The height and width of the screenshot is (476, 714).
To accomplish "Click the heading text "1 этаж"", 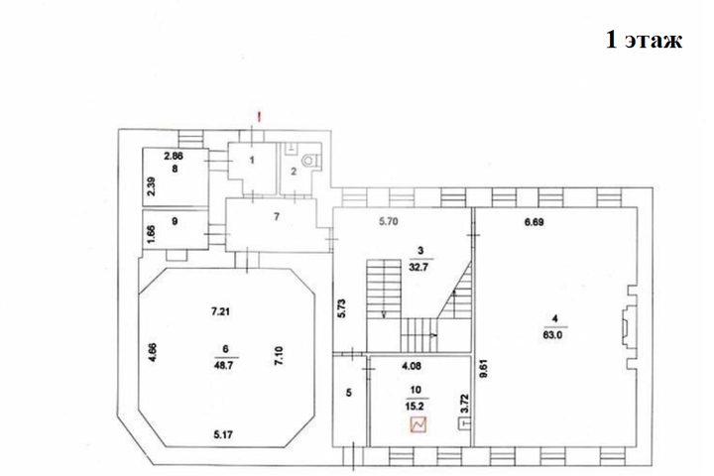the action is pos(644,40).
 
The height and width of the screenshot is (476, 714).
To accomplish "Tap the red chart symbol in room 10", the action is pos(418,424).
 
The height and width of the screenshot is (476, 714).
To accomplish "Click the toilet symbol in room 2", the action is pos(309,161).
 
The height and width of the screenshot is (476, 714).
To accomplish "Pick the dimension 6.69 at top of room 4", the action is pos(535,222).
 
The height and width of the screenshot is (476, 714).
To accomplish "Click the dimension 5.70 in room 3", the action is pos(389,222).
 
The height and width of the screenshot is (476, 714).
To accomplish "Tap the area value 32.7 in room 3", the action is pos(420,267).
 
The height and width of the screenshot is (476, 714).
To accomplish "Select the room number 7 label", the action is pos(277,216).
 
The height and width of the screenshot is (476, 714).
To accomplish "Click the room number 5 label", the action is pos(349,392).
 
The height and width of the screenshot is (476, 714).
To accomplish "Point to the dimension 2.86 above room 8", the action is pos(173,156).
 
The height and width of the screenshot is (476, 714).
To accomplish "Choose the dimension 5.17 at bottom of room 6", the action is pos(223,434).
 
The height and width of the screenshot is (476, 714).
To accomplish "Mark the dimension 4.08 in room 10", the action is pos(411,365).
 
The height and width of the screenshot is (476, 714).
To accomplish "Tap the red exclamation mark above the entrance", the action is pos(259,118).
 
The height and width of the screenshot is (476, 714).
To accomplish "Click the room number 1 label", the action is pos(252,160).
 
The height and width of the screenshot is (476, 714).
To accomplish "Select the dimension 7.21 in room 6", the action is pos(220,311).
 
